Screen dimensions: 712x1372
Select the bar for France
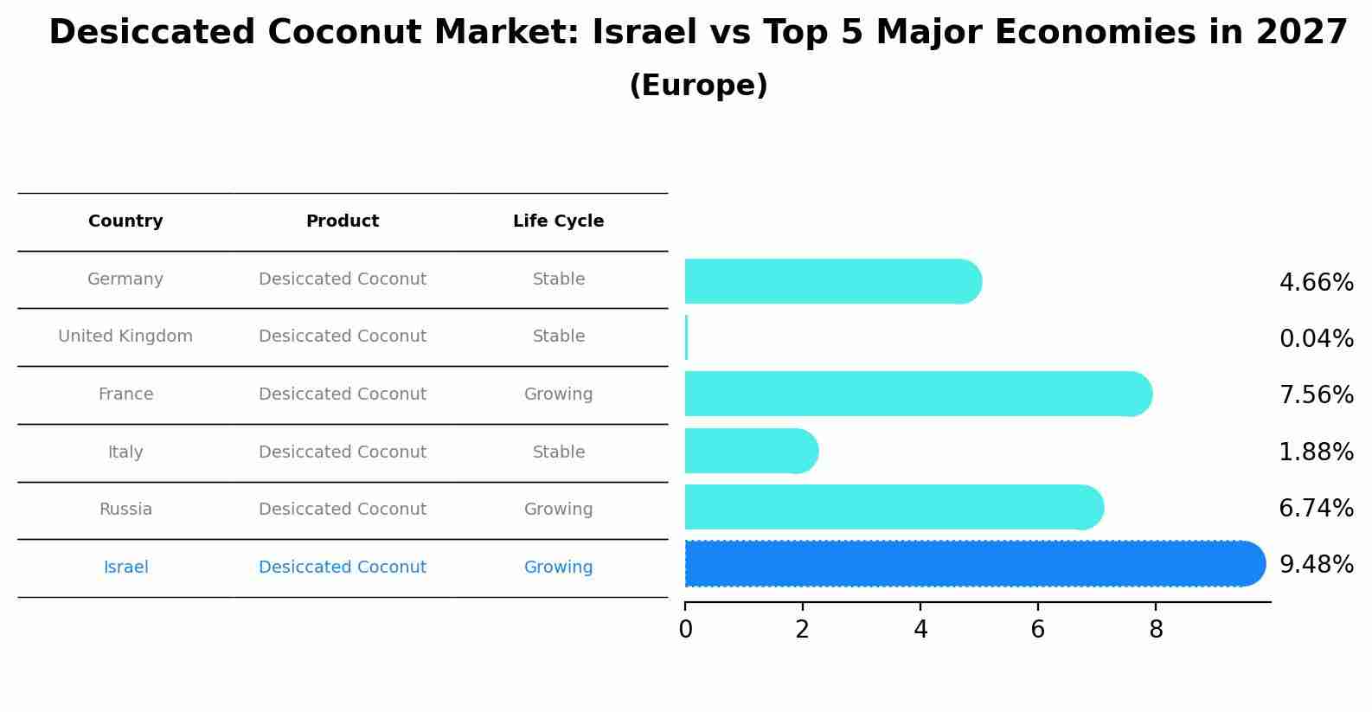coord(917,394)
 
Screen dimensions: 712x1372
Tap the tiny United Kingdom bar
coord(687,337)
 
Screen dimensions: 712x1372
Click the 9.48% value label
coord(1316,565)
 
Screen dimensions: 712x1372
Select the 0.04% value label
coord(1316,339)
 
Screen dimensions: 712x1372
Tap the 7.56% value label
coord(1316,395)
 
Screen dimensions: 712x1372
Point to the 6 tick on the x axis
coord(1038,630)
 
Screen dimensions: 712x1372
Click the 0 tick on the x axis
coord(686,630)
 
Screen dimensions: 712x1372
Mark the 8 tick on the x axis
coord(1156,630)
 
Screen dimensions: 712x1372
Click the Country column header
coord(125,221)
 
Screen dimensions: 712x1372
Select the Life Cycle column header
coord(558,221)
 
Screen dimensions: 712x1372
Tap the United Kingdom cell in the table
coord(125,337)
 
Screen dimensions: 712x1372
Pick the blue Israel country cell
coord(125,568)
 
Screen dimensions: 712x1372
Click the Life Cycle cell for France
coord(558,394)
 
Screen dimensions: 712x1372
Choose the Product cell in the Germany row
coord(342,279)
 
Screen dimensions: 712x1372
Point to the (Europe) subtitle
coord(698,86)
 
